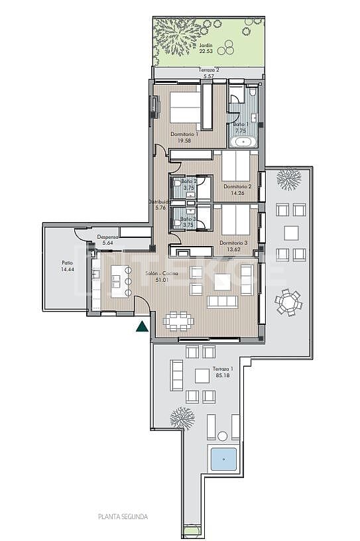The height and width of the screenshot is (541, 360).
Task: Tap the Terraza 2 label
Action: pos(208,70)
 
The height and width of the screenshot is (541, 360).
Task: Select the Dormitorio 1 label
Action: pos(184,134)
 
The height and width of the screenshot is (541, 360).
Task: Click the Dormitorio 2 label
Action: pos(237,186)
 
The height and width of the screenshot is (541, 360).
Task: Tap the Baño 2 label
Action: pos(188,181)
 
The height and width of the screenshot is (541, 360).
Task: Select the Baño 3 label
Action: pos(188,218)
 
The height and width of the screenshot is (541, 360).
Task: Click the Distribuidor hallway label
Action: pos(160,202)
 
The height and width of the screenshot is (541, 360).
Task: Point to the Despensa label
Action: pos(107,237)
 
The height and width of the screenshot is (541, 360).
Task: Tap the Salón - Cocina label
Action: pos(160,274)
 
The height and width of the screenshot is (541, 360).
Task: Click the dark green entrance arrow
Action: pos(141,326)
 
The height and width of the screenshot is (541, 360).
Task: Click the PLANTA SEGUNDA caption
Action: pos(123,516)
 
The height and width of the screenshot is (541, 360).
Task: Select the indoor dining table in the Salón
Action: pos(179,321)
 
